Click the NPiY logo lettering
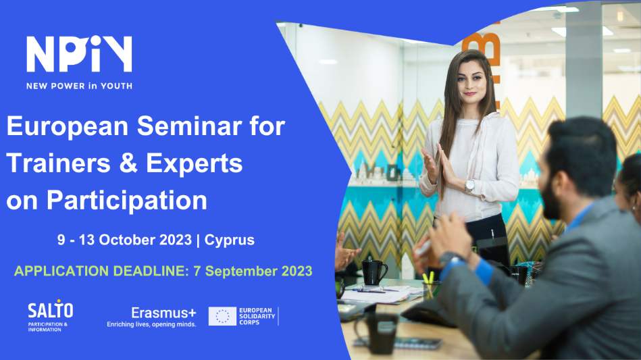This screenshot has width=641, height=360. click(79, 54)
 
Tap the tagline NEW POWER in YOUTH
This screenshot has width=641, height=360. click(79, 86)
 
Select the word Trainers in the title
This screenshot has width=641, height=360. click(59, 163)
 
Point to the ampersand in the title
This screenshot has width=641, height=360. click(128, 163)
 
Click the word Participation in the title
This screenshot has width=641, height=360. click(127, 201)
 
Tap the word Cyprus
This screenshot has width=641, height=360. click(230, 240)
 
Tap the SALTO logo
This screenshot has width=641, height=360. click(50, 315)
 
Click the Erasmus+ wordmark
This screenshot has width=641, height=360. click(163, 313)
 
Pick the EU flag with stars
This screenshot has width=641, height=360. click(222, 316)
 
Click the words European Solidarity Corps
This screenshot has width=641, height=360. click(257, 316)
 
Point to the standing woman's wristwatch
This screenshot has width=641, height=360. click(469, 186)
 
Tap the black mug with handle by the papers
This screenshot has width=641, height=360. click(374, 273)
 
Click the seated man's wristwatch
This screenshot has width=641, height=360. click(451, 258)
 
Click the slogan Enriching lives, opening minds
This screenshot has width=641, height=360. click(152, 324)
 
